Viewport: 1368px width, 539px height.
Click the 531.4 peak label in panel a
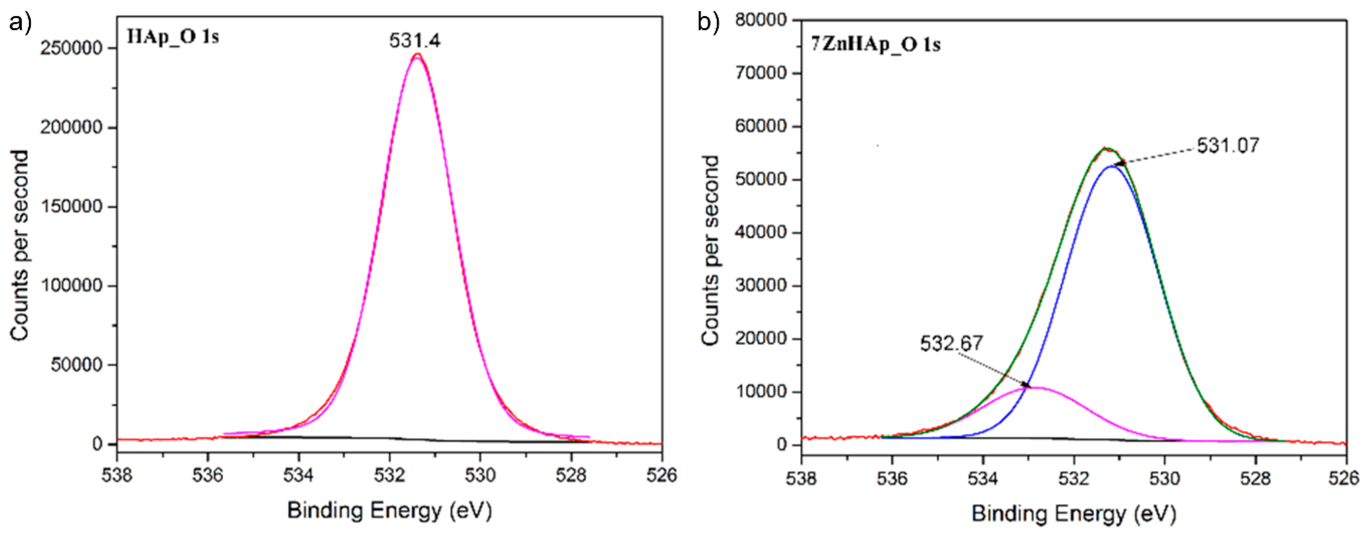[414, 40]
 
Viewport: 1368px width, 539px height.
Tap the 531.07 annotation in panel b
[1228, 145]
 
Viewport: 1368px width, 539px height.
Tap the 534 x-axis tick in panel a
[298, 475]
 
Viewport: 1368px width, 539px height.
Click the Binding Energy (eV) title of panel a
[389, 511]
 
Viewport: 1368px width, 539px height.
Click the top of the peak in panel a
[417, 55]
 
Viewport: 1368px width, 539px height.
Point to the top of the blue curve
[1112, 166]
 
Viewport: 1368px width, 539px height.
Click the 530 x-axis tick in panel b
[1165, 478]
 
